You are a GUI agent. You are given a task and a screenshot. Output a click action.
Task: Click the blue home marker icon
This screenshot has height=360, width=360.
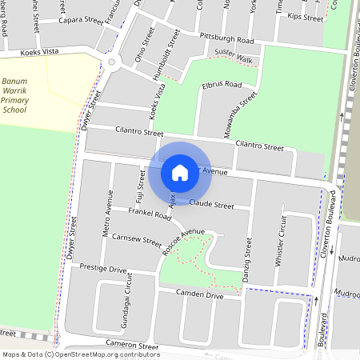[x=180, y=173]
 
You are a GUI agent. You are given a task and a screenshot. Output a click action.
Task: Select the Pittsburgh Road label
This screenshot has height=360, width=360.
[x=227, y=39]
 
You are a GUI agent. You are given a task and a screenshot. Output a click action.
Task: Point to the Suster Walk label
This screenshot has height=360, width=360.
[x=233, y=60]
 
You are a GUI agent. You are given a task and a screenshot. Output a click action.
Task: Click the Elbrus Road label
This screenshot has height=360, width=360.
[x=222, y=84]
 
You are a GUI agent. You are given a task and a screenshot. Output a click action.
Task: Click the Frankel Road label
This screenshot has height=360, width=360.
[x=150, y=214]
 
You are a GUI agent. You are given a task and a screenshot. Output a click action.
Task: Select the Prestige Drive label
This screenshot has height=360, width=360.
[x=103, y=270]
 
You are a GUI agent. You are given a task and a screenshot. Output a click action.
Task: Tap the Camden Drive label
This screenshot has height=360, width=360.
[x=201, y=295]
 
